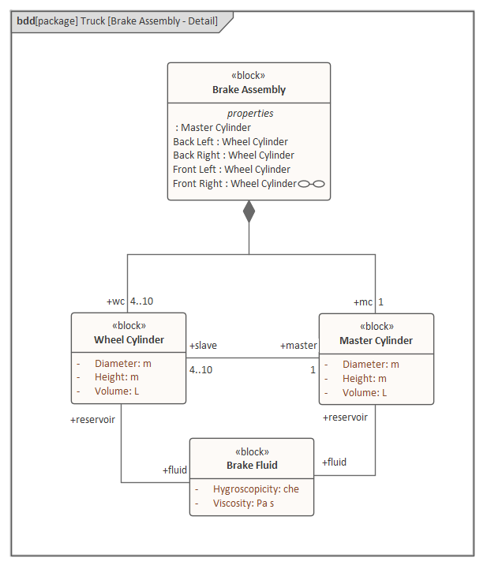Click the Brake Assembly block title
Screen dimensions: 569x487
pos(249,90)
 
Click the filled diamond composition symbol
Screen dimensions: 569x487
pos(249,212)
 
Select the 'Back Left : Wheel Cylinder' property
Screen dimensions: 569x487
pos(230,142)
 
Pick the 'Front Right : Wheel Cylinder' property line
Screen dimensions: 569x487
pos(234,184)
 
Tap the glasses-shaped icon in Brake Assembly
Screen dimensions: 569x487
pos(312,184)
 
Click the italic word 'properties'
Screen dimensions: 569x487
pos(249,113)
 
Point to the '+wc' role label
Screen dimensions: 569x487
pos(116,301)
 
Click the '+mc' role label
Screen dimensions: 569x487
pos(363,301)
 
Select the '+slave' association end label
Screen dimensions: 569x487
pos(203,346)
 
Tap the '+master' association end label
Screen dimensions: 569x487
pos(298,346)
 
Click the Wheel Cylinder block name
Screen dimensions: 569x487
pos(129,340)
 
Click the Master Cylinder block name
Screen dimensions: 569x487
pos(376,341)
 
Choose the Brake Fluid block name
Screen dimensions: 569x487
pos(252,466)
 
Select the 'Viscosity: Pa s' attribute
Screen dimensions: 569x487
pos(243,503)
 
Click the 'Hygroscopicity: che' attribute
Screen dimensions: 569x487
pos(256,489)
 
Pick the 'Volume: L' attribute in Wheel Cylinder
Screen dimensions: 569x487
pos(117,391)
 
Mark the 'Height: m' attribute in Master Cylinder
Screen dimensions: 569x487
pos(364,379)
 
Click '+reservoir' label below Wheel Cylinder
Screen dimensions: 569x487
pos(92,420)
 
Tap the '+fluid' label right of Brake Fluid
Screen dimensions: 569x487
pos(334,462)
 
